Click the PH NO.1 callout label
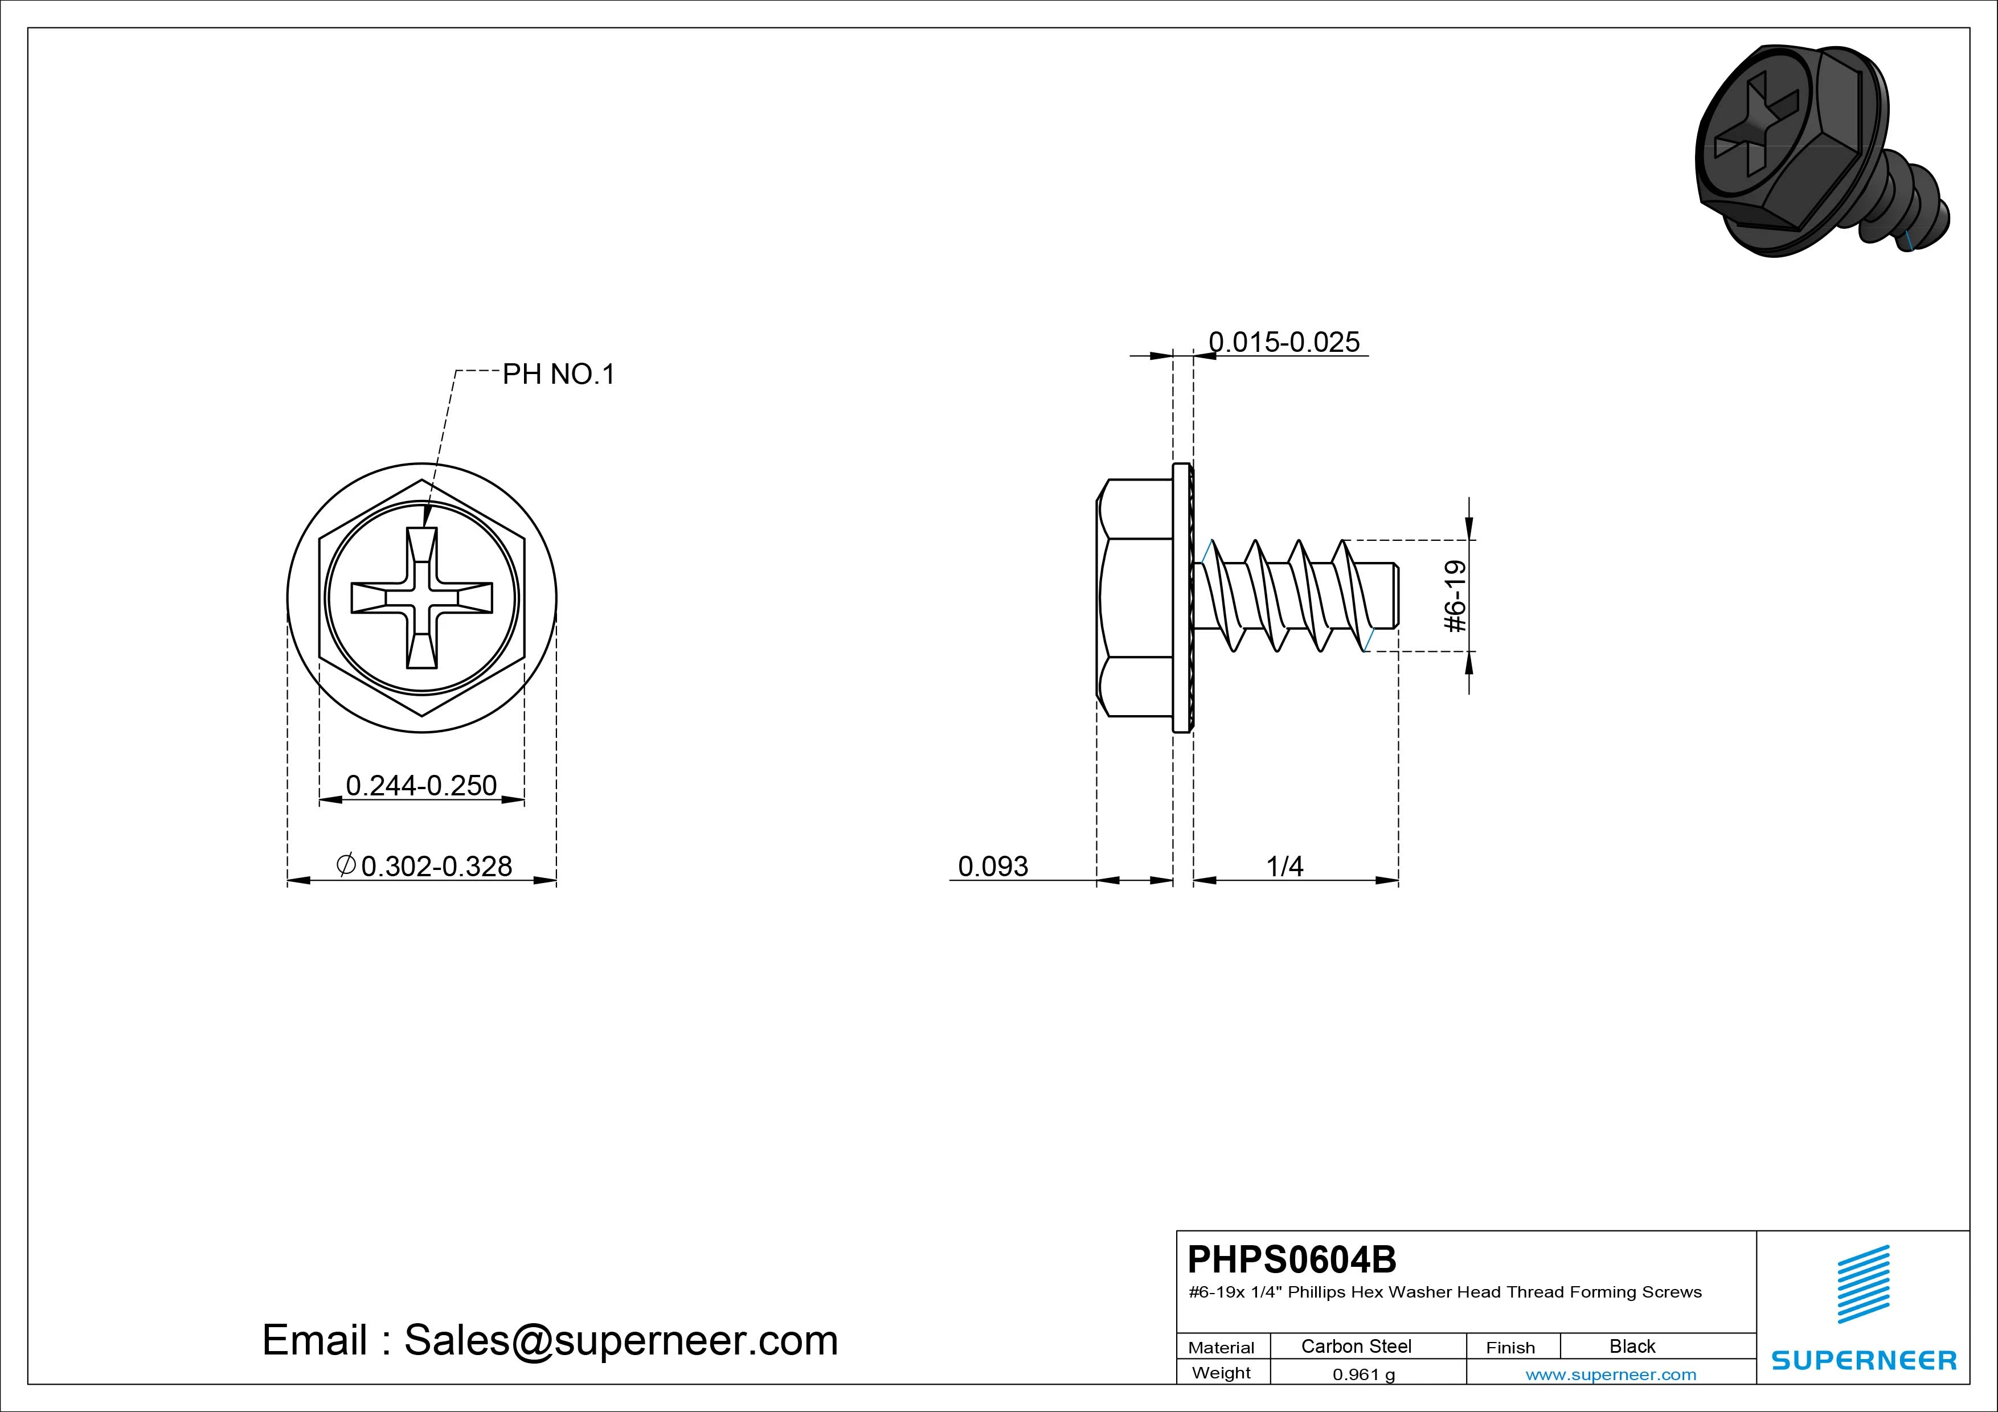[x=559, y=374]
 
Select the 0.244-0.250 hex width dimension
[x=421, y=786]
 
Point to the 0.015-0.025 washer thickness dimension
[x=1284, y=342]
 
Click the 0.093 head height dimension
[x=993, y=867]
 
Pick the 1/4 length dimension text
[x=1284, y=867]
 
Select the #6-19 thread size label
[x=1455, y=596]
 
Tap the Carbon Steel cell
[x=1356, y=1346]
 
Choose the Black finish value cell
[x=1632, y=1346]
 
